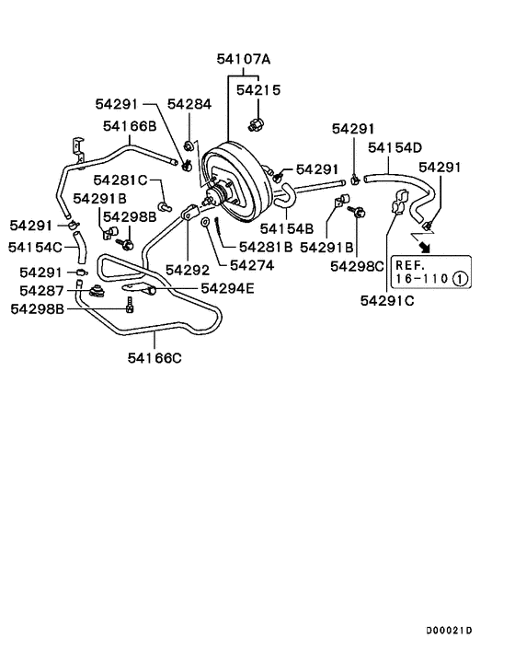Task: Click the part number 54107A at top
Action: click(x=244, y=59)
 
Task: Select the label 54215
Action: click(x=258, y=90)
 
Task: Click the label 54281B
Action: click(x=265, y=247)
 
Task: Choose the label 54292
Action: click(x=188, y=270)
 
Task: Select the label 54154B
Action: click(x=287, y=227)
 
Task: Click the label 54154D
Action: click(x=395, y=146)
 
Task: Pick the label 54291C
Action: click(x=388, y=299)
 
